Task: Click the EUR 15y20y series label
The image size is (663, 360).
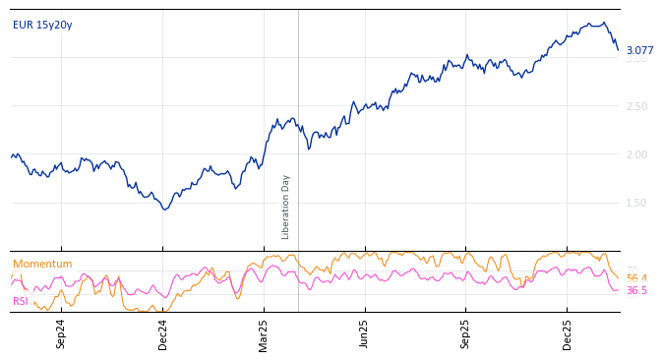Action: tap(42, 26)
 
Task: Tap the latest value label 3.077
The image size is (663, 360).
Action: tap(639, 51)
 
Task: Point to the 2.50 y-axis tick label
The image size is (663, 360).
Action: tap(637, 106)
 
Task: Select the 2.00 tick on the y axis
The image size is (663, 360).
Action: tap(637, 154)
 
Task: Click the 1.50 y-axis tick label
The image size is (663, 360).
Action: tap(637, 203)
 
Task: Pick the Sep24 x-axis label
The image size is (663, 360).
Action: tap(61, 333)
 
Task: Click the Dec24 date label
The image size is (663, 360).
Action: tap(163, 333)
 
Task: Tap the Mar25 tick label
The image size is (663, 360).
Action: tap(264, 333)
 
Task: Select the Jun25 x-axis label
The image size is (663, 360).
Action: tap(365, 333)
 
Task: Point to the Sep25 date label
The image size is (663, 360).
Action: tap(466, 333)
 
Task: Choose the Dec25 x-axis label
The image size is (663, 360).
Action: tap(568, 333)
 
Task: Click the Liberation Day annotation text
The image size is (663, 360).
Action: tap(286, 207)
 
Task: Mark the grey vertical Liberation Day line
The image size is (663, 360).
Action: tap(298, 118)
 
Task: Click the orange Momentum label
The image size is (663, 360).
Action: tap(42, 265)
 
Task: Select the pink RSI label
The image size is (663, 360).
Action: tap(21, 301)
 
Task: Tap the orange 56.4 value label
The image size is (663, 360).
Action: tap(636, 279)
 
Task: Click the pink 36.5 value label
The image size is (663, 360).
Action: tap(636, 291)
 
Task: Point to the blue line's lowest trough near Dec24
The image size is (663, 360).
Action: tap(165, 209)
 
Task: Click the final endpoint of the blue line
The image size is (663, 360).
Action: tap(618, 50)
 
